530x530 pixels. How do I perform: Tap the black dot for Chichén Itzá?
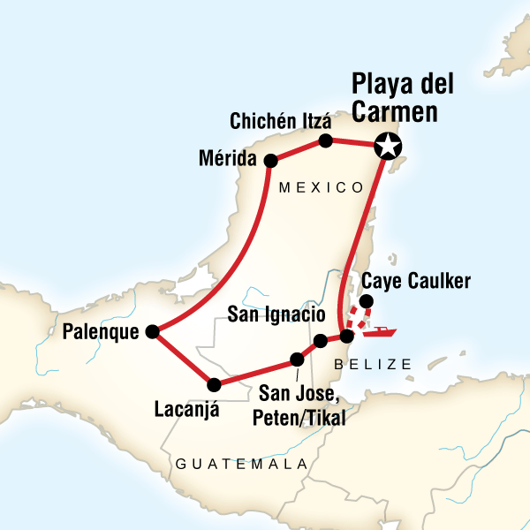pyautogui.click(x=325, y=140)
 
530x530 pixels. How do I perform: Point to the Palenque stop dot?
pyautogui.click(x=152, y=331)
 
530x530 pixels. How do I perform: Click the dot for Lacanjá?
pyautogui.click(x=213, y=384)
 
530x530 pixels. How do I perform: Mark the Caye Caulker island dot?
pyautogui.click(x=366, y=302)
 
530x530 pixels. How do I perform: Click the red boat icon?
pyautogui.click(x=382, y=333)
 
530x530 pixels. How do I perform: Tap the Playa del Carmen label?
pyautogui.click(x=403, y=100)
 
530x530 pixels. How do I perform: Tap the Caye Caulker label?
pyautogui.click(x=416, y=281)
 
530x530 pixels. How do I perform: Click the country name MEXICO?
pyautogui.click(x=321, y=187)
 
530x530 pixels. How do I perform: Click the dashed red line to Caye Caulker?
pyautogui.click(x=357, y=319)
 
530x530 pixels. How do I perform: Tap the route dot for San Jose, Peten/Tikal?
pyautogui.click(x=297, y=360)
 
